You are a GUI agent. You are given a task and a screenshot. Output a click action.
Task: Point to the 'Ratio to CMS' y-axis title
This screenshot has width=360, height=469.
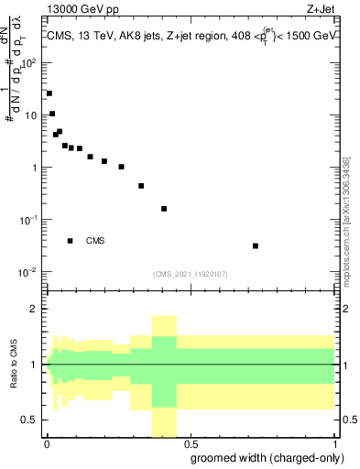[x=16, y=364]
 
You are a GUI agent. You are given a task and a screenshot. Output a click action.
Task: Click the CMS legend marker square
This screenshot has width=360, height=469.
[x=71, y=241]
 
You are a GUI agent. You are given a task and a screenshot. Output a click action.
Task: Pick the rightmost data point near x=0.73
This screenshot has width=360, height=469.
[x=256, y=245]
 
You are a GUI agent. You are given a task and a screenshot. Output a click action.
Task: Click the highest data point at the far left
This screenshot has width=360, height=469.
[x=49, y=93]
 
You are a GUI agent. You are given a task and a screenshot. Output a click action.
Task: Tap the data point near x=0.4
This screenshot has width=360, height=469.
[x=164, y=209]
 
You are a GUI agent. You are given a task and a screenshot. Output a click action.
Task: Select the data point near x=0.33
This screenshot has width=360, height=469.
[x=141, y=186]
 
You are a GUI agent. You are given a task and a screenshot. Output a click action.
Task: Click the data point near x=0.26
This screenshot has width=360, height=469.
[x=121, y=167]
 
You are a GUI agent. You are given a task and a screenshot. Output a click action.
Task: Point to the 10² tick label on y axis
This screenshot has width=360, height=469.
[x=30, y=63]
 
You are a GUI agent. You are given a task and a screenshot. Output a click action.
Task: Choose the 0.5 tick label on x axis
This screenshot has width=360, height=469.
[x=191, y=442]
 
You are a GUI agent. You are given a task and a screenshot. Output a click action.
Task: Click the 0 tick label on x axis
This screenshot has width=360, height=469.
[x=46, y=442]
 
